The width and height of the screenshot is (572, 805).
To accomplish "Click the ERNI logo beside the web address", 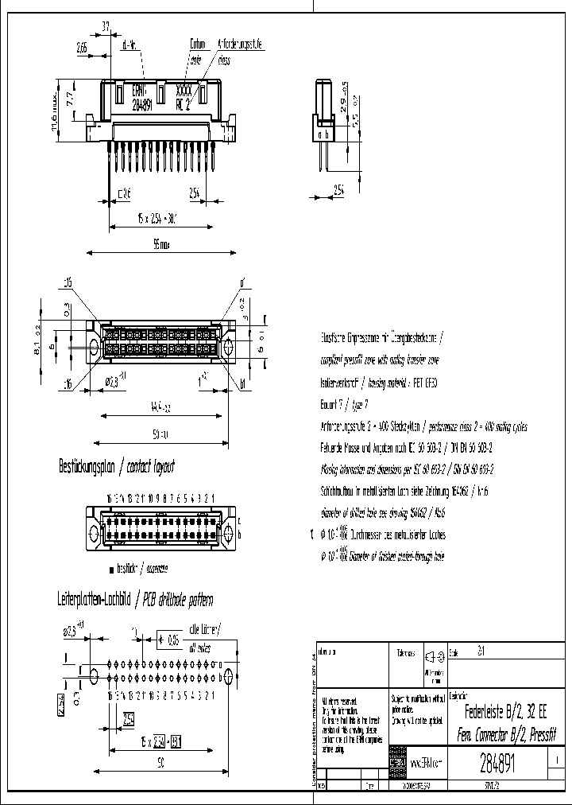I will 396,763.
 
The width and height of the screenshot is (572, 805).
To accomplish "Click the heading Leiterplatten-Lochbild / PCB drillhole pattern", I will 134,599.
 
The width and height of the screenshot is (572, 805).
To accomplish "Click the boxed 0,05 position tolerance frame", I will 171,639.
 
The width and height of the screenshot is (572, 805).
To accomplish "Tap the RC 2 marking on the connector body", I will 183,103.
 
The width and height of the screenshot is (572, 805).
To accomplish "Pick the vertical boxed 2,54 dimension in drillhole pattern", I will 60,705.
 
